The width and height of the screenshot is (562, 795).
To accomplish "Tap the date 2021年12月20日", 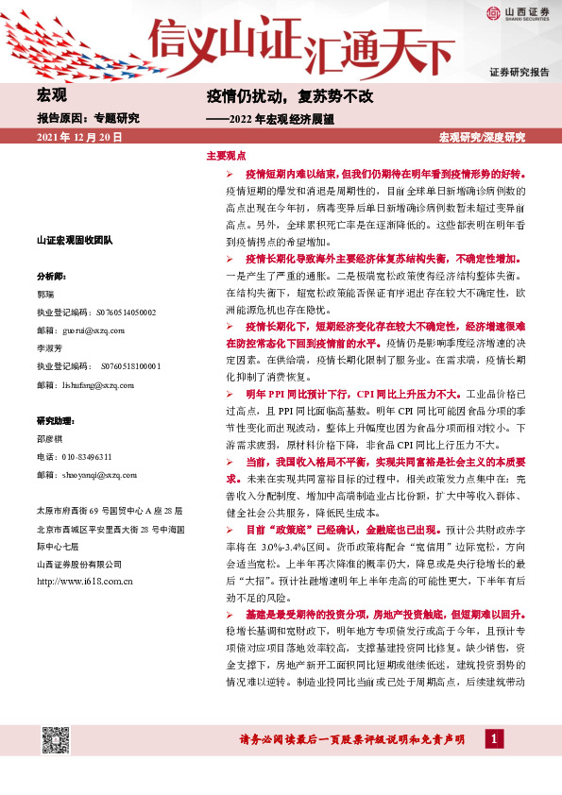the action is pyautogui.click(x=79, y=138).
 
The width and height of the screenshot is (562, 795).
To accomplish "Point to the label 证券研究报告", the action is pyautogui.click(x=519, y=73).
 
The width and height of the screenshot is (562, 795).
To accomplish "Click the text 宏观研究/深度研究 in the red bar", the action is pyautogui.click(x=482, y=138).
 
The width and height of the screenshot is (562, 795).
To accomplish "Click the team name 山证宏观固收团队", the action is pyautogui.click(x=75, y=242).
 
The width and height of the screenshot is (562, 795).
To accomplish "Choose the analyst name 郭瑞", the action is pyautogui.click(x=45, y=294).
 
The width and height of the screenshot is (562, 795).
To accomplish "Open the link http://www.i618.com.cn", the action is pyautogui.click(x=84, y=581).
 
